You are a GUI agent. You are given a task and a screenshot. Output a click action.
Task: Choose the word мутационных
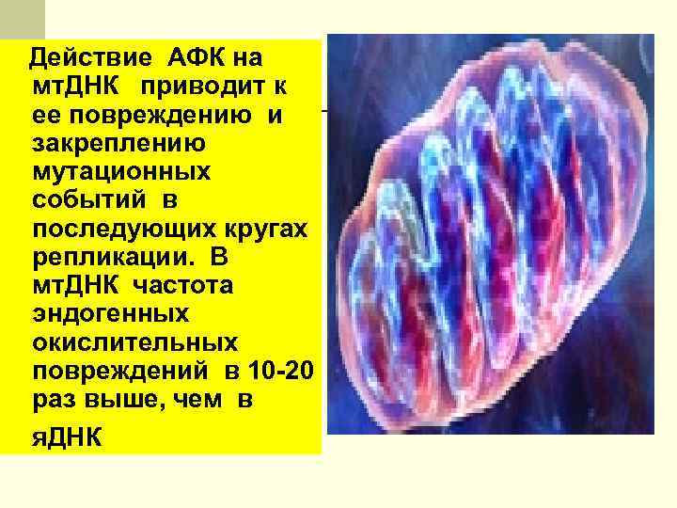[x=120, y=172]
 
